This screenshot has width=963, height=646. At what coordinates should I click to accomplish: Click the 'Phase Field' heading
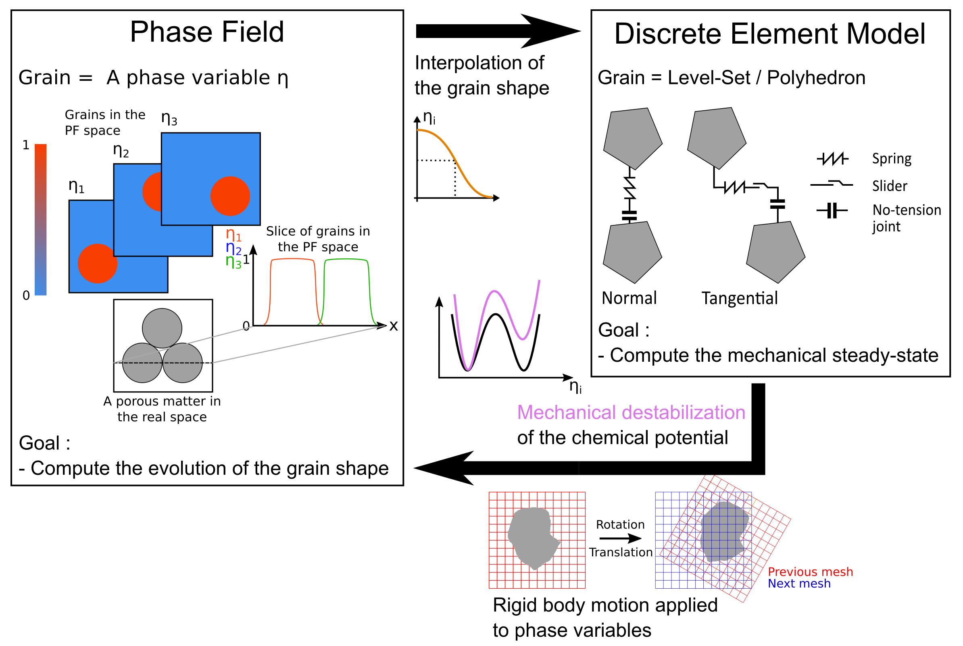click(x=206, y=32)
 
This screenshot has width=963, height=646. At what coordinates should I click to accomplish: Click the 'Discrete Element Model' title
click(x=769, y=34)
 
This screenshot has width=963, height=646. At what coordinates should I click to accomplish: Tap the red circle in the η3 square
click(x=230, y=196)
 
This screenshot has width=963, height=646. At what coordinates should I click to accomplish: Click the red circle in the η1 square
click(x=97, y=264)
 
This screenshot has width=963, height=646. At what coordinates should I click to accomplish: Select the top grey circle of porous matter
click(x=162, y=328)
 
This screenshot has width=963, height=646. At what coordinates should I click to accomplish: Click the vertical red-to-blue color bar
click(x=40, y=219)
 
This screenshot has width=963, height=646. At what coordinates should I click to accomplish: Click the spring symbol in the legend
click(x=832, y=159)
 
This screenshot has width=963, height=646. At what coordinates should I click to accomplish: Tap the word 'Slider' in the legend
click(x=889, y=186)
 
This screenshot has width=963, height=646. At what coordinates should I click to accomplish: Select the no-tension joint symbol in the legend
click(x=832, y=210)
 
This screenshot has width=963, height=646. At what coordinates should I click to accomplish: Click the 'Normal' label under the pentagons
click(x=629, y=298)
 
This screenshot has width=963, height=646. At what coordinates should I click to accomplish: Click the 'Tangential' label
click(x=739, y=298)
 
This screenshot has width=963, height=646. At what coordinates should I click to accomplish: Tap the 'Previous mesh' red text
click(x=810, y=572)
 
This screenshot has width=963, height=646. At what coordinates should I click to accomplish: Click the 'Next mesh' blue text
click(x=799, y=583)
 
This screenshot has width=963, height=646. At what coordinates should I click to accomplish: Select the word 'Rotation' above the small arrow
click(x=620, y=524)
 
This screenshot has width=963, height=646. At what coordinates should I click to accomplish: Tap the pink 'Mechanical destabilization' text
click(x=631, y=412)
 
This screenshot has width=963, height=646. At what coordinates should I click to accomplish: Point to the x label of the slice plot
click(x=394, y=326)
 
